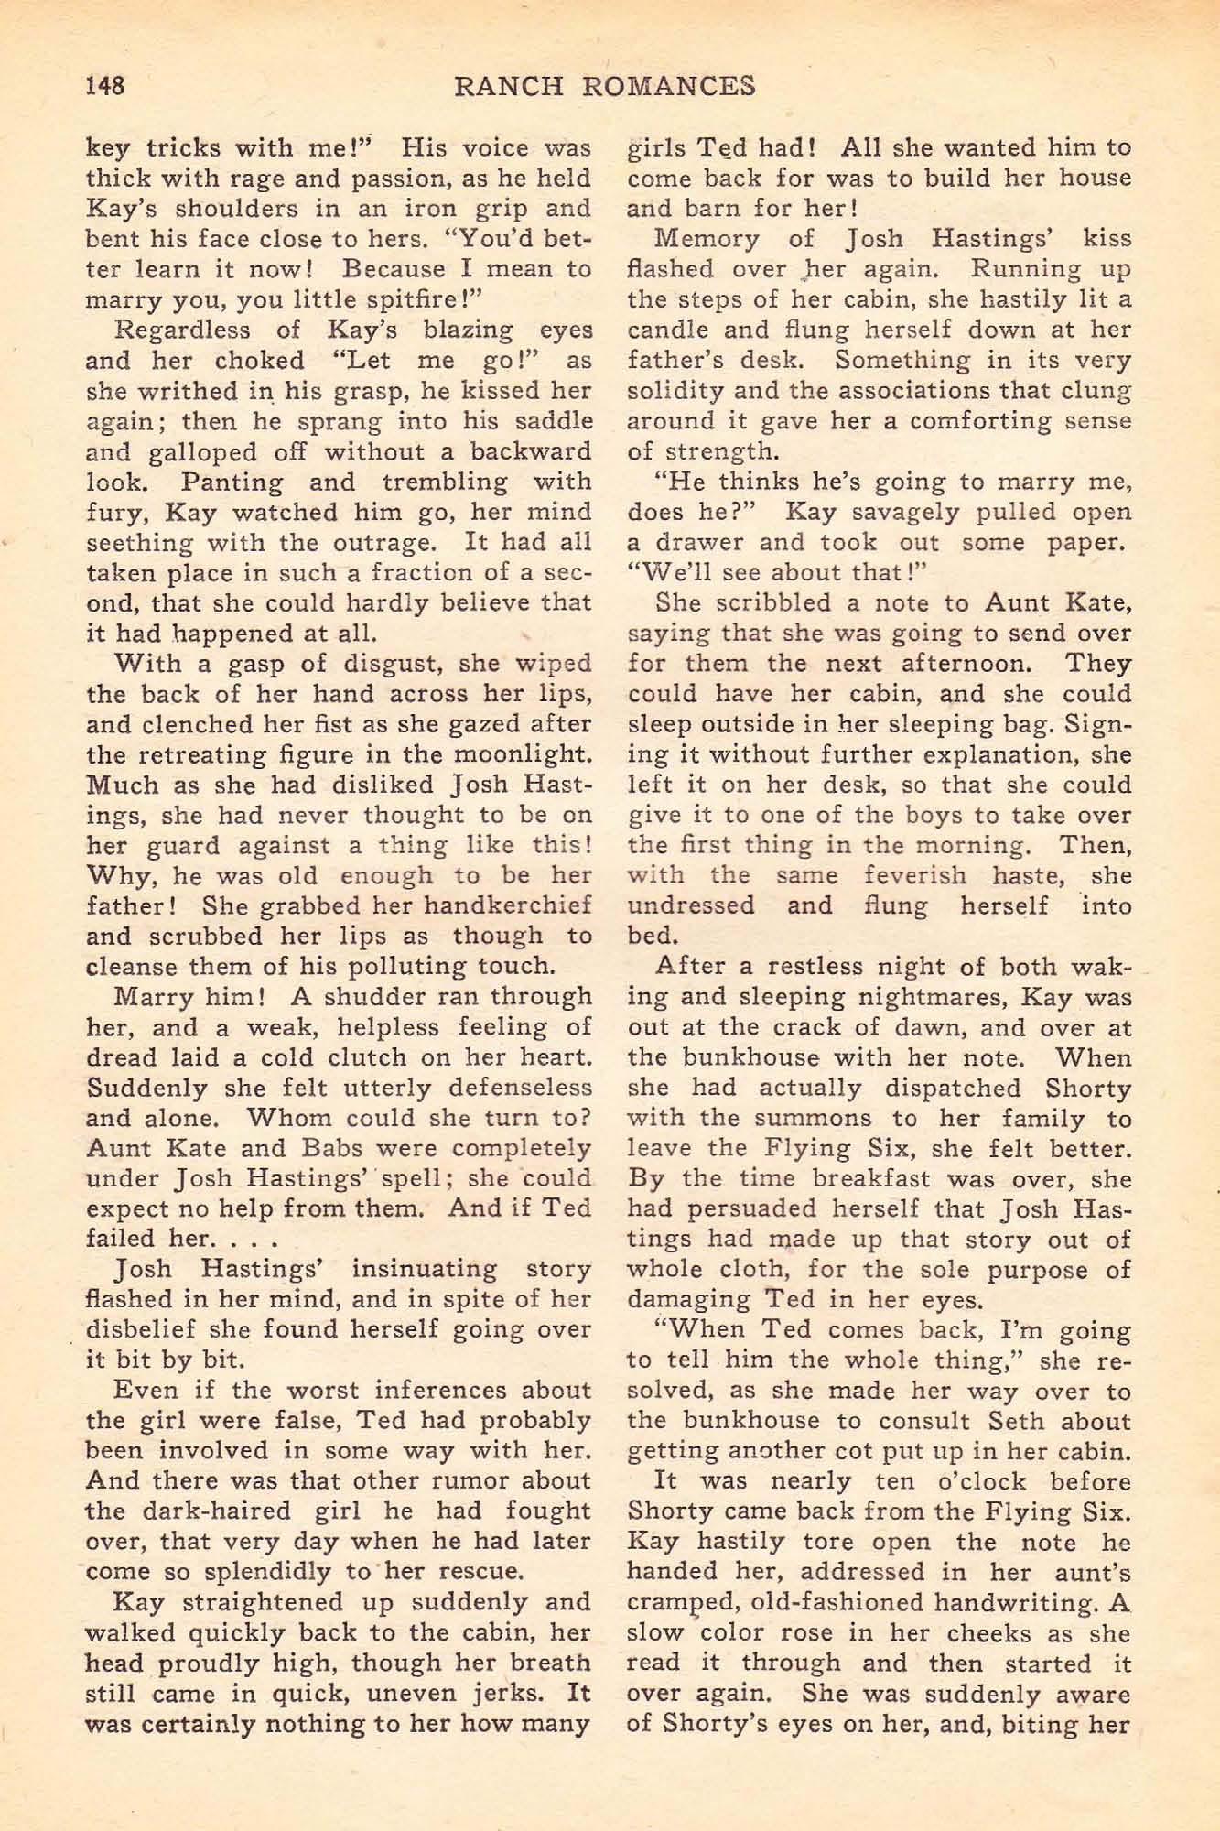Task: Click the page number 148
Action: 103,86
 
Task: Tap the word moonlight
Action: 518,754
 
